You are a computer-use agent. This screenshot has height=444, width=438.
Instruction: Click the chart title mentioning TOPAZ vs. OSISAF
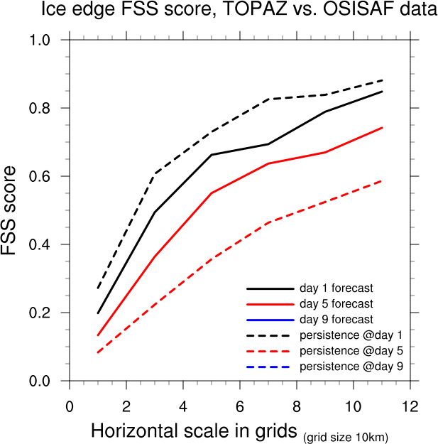234,10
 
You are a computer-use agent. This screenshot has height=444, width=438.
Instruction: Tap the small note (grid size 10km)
346,435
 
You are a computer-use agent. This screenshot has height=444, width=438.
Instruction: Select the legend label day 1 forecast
336,288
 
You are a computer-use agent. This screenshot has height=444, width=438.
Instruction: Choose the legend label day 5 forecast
336,304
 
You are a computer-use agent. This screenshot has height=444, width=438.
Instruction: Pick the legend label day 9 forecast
336,320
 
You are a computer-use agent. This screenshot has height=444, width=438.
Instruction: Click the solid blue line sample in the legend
270,320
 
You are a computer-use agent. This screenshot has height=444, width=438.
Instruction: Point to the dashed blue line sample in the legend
270,366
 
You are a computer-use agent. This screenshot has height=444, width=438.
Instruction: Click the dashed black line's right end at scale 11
382,80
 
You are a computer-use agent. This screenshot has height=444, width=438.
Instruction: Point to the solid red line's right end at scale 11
382,128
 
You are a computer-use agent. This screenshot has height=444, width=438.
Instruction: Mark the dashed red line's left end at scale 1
98,352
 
